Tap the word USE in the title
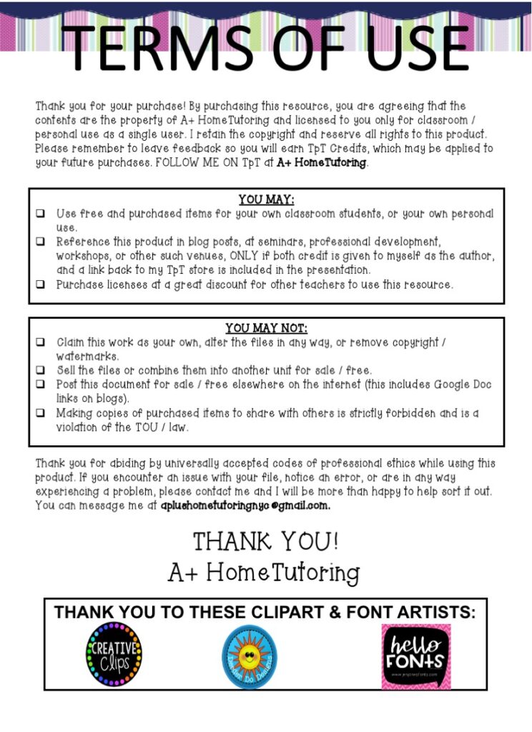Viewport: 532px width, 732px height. pyautogui.click(x=400, y=47)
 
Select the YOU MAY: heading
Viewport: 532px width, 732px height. pyautogui.click(x=266, y=200)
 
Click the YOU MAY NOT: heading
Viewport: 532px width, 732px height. pyautogui.click(x=266, y=329)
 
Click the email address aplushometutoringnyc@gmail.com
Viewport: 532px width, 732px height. pyautogui.click(x=245, y=505)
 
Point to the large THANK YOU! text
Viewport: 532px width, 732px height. pyautogui.click(x=265, y=541)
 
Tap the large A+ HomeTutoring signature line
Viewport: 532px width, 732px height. pyautogui.click(x=264, y=572)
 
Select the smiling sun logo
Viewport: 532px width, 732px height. pyautogui.click(x=250, y=656)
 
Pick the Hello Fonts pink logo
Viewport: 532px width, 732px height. pyautogui.click(x=415, y=656)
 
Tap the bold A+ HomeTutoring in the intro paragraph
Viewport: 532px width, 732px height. pyautogui.click(x=321, y=163)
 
